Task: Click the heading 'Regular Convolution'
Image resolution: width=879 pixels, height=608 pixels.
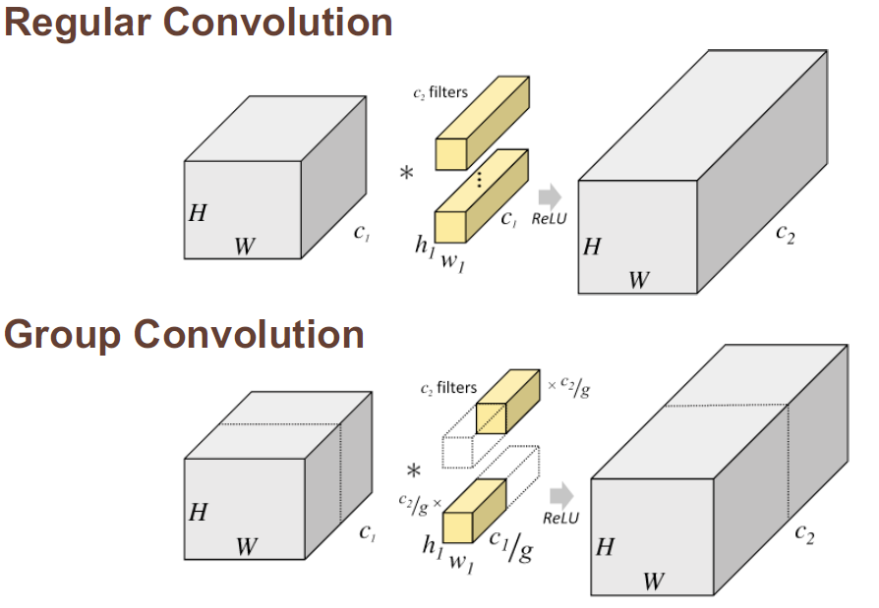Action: pos(198,22)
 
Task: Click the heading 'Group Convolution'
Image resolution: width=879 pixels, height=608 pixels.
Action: pos(184,335)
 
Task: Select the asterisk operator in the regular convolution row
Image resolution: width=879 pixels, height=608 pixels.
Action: pos(406,174)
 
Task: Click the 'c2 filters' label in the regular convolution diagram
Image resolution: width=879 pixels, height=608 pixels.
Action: pos(439,93)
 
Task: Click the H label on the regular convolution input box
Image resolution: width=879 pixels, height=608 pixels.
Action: pos(198,213)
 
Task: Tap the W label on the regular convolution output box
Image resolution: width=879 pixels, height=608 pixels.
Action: pos(639,280)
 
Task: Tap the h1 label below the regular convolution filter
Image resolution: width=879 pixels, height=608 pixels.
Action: pos(424,246)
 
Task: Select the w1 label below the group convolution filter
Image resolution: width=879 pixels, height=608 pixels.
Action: pos(460,563)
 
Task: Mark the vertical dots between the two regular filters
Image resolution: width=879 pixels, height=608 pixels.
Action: pos(480,179)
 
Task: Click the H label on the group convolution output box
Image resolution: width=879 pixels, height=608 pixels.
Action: pos(605,546)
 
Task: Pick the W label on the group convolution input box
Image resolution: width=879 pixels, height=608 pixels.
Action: pos(246,546)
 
